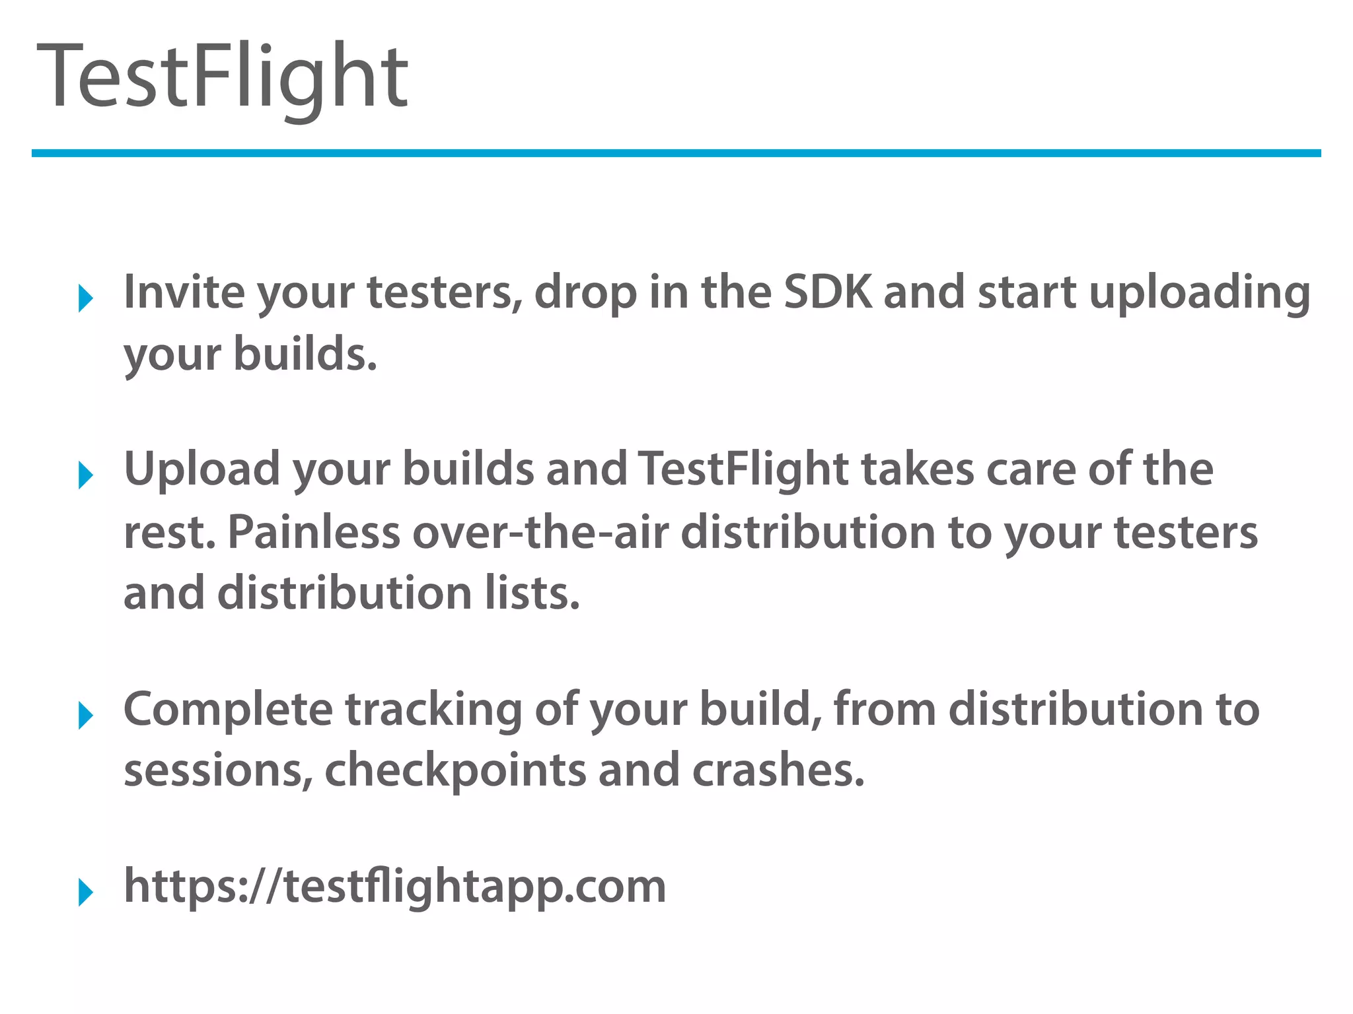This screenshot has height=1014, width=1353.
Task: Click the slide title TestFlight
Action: click(x=223, y=76)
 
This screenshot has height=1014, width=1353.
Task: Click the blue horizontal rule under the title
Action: click(x=676, y=153)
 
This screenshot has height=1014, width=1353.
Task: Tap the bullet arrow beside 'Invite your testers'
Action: click(x=85, y=298)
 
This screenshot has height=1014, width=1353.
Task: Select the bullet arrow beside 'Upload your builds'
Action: click(x=85, y=475)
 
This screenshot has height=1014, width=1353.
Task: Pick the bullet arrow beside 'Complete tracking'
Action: click(x=85, y=716)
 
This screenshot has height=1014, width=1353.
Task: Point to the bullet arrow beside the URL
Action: click(x=85, y=893)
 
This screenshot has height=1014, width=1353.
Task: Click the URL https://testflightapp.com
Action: click(x=395, y=886)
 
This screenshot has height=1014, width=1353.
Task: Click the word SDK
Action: click(x=827, y=292)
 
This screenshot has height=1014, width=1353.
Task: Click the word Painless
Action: click(x=314, y=532)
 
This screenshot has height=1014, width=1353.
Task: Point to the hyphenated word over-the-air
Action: click(x=540, y=532)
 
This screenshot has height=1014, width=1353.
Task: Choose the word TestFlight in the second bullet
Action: click(x=743, y=470)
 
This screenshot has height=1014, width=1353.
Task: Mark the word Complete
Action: click(x=229, y=710)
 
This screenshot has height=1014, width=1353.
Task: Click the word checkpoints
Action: click(x=455, y=771)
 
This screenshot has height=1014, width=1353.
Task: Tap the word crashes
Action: click(x=778, y=771)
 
